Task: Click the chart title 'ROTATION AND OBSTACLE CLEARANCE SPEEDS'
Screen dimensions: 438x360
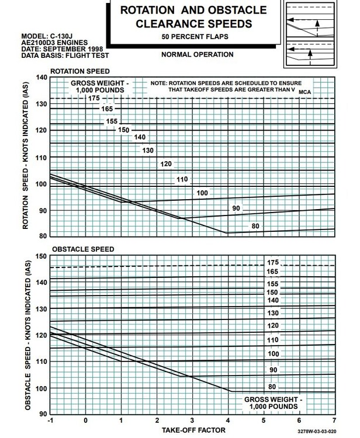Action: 192,17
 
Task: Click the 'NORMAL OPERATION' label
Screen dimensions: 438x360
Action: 196,55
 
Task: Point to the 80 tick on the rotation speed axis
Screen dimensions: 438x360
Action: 41,237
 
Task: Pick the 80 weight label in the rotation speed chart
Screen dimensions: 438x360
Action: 255,226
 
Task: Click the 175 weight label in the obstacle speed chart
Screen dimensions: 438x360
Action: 272,263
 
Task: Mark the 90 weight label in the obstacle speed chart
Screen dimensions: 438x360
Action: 272,370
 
